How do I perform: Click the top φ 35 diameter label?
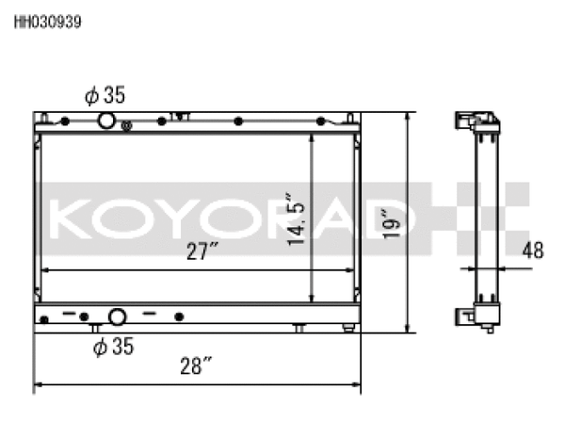[106, 95]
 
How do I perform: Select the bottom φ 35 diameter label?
[113, 348]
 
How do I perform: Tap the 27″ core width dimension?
[202, 251]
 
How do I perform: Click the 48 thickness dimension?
[534, 251]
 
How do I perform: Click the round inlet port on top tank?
[106, 120]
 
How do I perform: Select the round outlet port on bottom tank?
[117, 317]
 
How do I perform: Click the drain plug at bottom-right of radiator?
[348, 327]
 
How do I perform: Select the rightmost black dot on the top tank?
[322, 121]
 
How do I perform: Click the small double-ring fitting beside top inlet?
[126, 124]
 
